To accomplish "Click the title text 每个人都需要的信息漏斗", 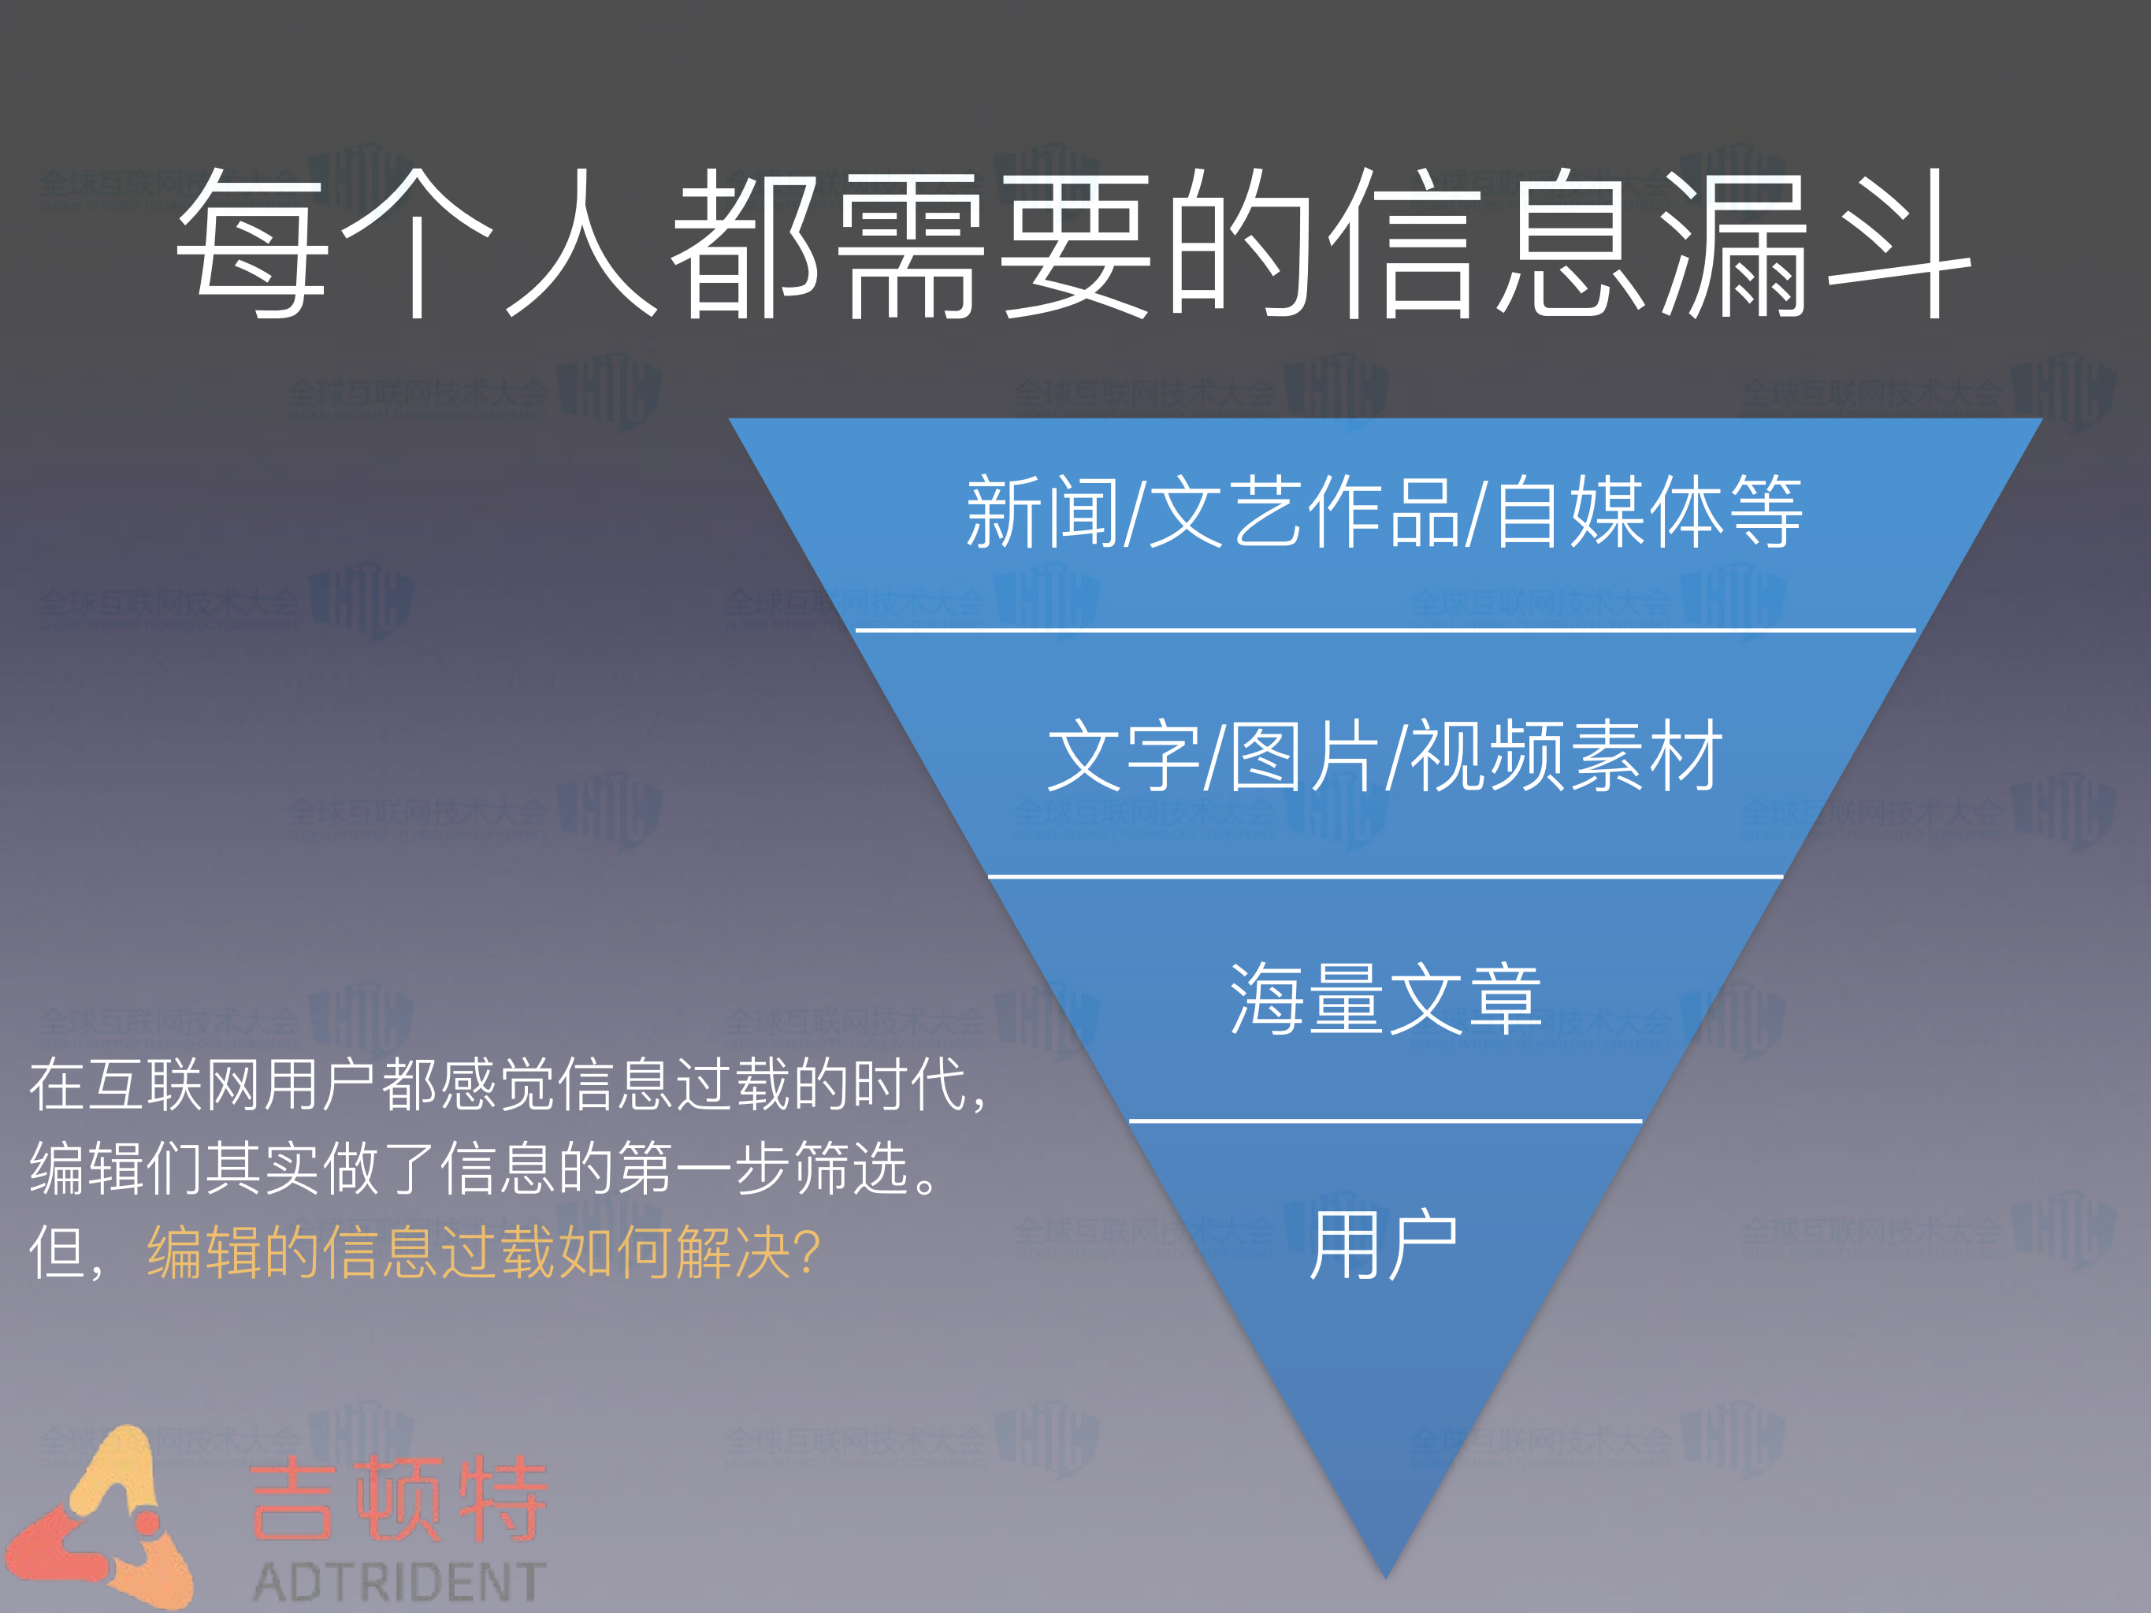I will click(1074, 243).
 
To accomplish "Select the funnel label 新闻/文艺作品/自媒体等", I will click(1384, 512).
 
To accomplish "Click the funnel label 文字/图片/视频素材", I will click(1384, 756).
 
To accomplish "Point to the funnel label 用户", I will click(1383, 1244).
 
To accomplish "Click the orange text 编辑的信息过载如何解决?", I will click(483, 1252).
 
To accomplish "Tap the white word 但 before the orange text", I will click(57, 1252).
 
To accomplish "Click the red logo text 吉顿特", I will click(399, 1497).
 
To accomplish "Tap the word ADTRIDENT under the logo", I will click(399, 1582).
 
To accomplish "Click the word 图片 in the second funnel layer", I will click(1304, 756).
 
